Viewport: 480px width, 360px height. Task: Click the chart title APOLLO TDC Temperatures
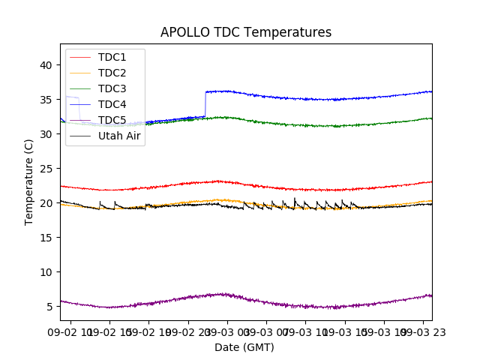(246, 32)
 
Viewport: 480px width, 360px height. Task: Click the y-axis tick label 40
(46, 65)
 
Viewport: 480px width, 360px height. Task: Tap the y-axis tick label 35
(46, 100)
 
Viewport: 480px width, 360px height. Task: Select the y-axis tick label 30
(46, 134)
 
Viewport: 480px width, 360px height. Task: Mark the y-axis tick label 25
(46, 169)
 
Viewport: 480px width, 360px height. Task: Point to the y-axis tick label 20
(46, 203)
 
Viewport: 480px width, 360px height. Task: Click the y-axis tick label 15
(46, 238)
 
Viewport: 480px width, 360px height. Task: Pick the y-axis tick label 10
(46, 272)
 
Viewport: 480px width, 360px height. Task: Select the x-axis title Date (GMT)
(244, 347)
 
